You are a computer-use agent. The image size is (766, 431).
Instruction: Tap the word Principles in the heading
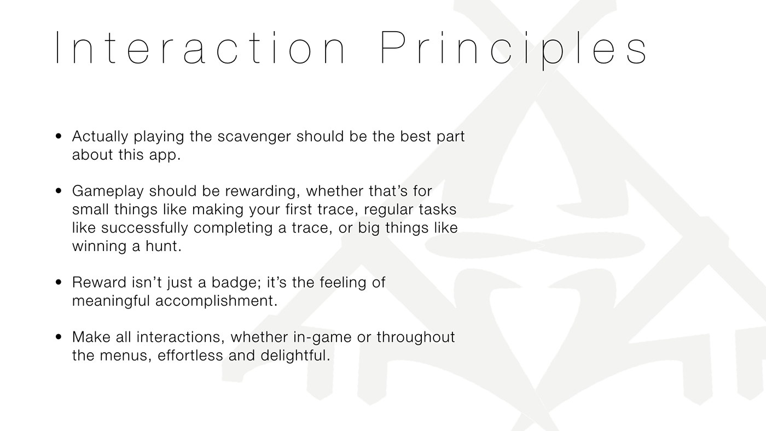click(x=513, y=50)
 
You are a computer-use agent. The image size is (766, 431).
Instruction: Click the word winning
click(x=99, y=247)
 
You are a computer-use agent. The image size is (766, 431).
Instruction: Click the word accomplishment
click(x=216, y=301)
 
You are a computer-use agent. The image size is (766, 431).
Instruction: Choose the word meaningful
click(x=111, y=301)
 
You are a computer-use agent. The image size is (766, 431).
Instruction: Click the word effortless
click(x=190, y=356)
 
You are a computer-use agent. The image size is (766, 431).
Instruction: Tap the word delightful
click(x=295, y=356)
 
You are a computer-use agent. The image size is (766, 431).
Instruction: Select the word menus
click(x=126, y=357)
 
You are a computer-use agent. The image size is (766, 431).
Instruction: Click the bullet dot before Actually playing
click(x=59, y=136)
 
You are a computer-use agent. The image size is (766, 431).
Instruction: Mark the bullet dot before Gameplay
click(x=59, y=191)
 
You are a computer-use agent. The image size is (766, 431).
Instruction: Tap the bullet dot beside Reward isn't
click(x=59, y=282)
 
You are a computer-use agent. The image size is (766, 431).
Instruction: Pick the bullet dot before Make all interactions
click(x=59, y=337)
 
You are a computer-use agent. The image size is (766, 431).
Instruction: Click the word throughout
click(x=416, y=337)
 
